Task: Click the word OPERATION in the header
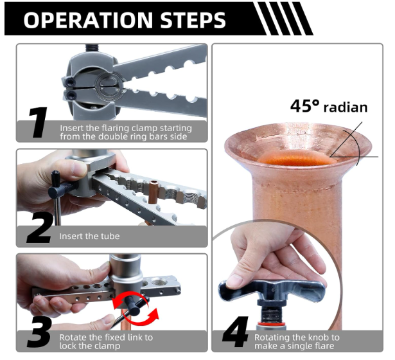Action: (88, 20)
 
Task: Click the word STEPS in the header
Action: (193, 20)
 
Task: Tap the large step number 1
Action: (38, 123)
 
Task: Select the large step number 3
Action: (40, 332)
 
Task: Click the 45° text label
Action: (304, 105)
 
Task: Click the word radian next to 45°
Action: (346, 107)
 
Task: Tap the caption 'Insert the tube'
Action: (89, 236)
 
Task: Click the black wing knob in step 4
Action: (272, 289)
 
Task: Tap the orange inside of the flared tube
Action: (295, 158)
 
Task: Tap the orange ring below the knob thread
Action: (271, 323)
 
